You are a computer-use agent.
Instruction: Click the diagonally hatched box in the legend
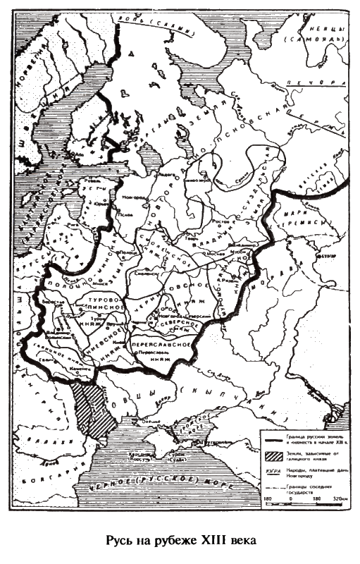click(x=272, y=455)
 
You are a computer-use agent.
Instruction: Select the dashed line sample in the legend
click(x=272, y=487)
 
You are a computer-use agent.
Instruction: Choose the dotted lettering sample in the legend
click(x=272, y=471)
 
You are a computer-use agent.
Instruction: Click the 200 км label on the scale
click(x=337, y=498)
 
